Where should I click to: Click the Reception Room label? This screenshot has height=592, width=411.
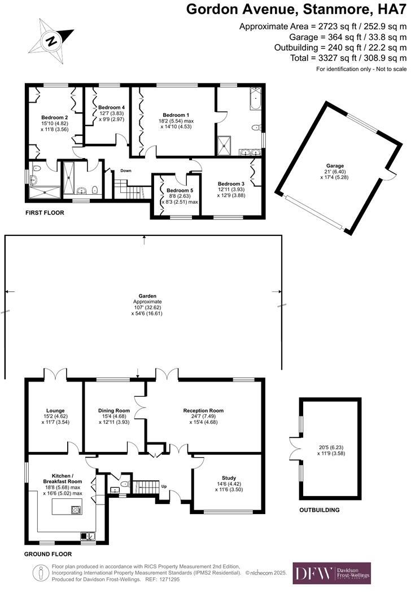(203, 410)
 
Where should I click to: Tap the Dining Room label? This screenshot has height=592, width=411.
(115, 410)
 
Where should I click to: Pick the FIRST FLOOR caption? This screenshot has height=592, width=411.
(45, 213)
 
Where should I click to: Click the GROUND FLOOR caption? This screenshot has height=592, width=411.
(48, 554)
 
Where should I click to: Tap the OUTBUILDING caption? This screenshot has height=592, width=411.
(320, 510)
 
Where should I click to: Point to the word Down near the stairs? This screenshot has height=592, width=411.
(125, 171)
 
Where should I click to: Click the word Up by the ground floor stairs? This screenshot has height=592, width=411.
(164, 486)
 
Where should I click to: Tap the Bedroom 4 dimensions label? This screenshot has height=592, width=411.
(111, 116)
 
